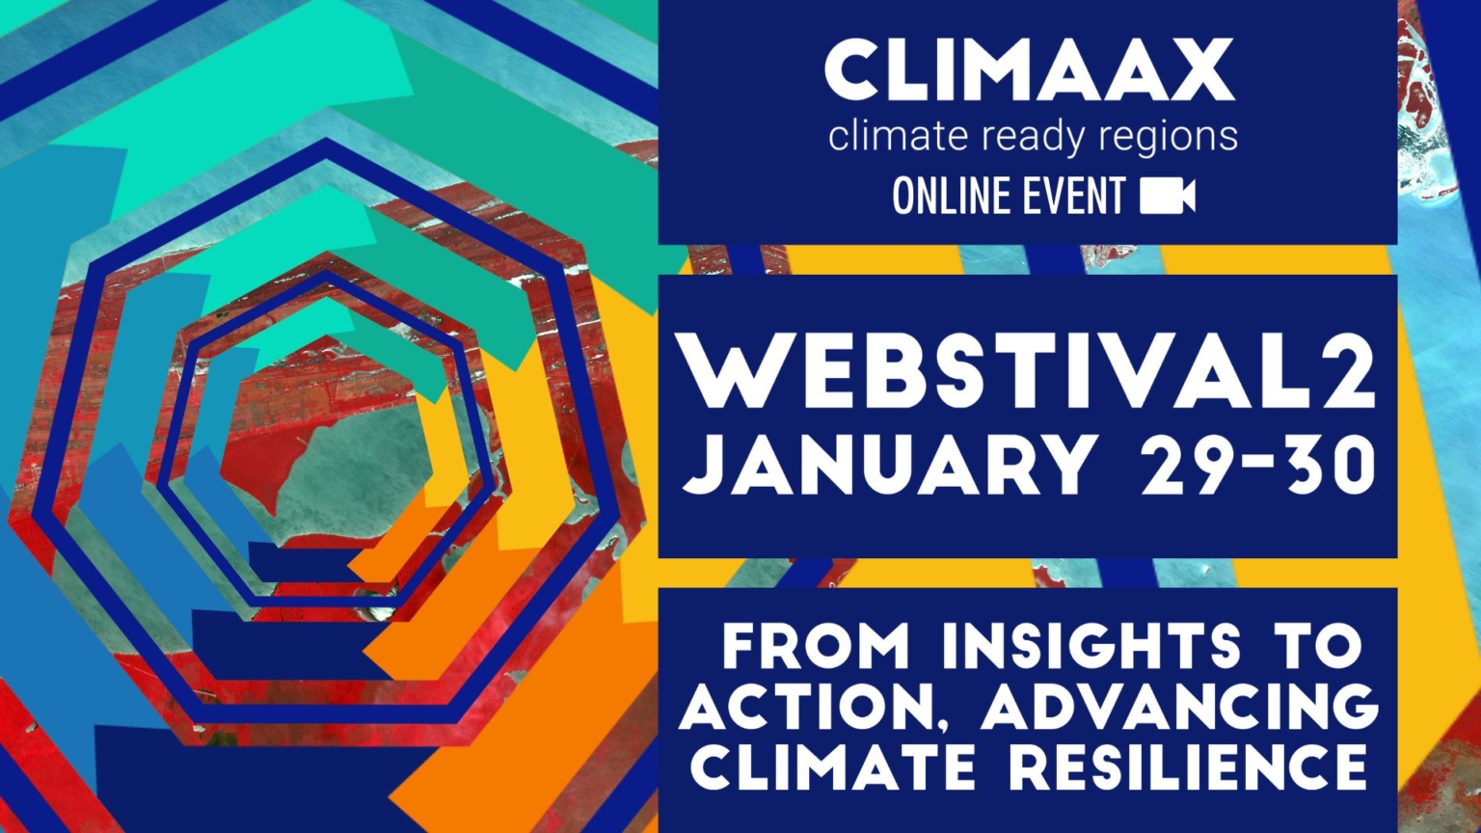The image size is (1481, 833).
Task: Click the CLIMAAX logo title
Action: (x=1029, y=70)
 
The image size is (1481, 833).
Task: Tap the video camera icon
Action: (x=1168, y=196)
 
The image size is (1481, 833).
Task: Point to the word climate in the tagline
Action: (x=898, y=136)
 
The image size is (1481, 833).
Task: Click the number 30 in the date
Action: (x=1324, y=464)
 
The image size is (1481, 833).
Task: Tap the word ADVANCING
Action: (x=1179, y=709)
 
